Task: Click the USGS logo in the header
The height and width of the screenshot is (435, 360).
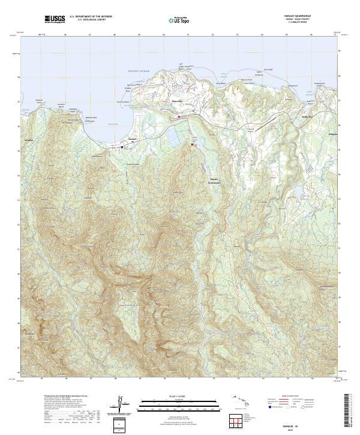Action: pyautogui.click(x=55, y=20)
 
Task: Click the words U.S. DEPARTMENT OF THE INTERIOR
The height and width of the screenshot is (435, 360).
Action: pyautogui.click(x=91, y=17)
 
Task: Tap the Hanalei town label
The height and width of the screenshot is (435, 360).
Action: pyautogui.click(x=133, y=139)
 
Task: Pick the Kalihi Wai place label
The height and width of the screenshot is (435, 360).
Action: pyautogui.click(x=308, y=117)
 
